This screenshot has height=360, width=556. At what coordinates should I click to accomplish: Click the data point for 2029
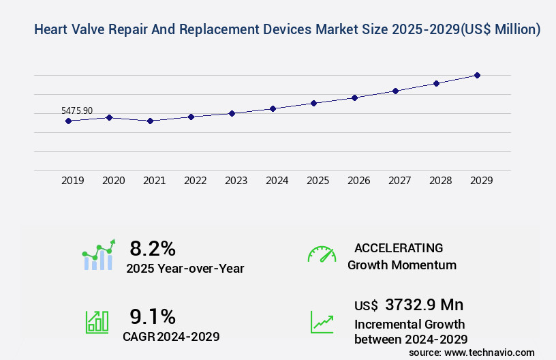(477, 75)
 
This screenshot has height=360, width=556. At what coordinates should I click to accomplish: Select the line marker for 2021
(150, 121)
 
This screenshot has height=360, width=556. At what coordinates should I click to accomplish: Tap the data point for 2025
(313, 103)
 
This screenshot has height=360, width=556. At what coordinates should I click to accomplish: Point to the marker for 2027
(395, 91)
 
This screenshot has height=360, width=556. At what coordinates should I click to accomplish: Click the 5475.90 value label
(77, 110)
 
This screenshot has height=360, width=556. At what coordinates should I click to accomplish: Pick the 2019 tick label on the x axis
(73, 181)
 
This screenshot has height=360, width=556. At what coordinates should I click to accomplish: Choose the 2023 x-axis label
(236, 181)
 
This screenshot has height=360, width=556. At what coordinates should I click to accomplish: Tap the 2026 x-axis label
(359, 181)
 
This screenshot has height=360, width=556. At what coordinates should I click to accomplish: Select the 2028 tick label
(441, 181)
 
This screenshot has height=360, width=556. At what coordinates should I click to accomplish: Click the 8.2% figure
(153, 248)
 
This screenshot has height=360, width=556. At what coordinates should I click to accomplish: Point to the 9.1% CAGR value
(153, 316)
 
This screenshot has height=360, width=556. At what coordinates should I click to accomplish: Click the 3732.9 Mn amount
(424, 305)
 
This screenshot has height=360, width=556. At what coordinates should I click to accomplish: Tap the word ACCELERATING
(399, 248)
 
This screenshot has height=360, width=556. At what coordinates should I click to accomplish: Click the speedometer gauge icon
(322, 254)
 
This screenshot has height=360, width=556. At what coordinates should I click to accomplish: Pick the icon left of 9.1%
(97, 322)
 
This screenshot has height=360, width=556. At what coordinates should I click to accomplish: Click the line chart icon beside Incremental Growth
(322, 322)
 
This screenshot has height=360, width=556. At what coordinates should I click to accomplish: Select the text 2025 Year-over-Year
(185, 269)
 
